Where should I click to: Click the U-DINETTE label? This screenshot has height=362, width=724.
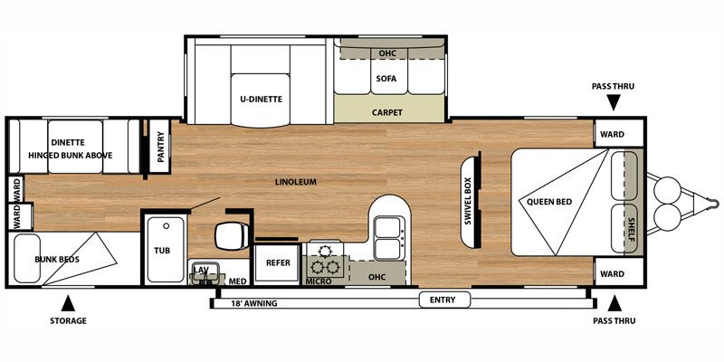point(255,100)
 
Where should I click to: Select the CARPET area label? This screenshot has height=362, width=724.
point(386,113)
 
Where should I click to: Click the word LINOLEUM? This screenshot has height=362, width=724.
point(296,182)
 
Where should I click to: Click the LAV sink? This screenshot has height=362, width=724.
point(201,271)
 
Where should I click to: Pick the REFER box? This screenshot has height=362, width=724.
point(276,263)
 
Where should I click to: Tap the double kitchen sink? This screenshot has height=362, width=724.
point(386,237)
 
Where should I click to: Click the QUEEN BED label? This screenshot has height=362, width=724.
point(548,201)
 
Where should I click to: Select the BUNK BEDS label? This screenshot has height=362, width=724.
point(57,259)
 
